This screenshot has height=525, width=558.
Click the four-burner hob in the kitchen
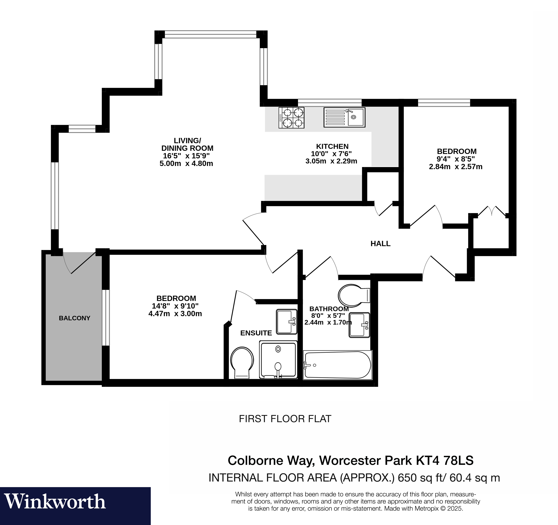pos(291,118)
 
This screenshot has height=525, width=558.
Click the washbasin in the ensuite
pos(287,321)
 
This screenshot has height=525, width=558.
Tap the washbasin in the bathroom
pos(360,325)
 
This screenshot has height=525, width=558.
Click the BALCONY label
pos(74,318)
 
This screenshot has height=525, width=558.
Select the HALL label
pos(380,244)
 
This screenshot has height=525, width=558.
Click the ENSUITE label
pos(256,333)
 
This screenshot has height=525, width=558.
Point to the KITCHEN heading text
pos(332,146)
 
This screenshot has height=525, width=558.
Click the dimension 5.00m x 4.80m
pos(186,163)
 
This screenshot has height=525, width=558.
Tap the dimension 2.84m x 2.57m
pos(456,167)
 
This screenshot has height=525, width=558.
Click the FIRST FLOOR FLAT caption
pos(285,419)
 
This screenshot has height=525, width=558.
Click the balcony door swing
pos(75,262)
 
